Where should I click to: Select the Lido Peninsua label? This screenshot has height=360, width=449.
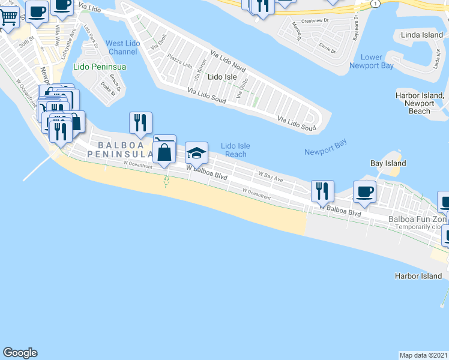click(x=100, y=67)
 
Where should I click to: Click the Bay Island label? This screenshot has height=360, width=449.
click(x=388, y=163)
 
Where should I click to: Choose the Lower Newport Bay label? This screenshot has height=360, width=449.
click(x=372, y=62)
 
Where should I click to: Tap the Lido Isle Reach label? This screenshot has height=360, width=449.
click(x=235, y=150)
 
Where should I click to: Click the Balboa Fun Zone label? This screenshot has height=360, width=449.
click(x=418, y=220)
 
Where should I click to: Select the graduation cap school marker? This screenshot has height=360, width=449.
click(x=196, y=154)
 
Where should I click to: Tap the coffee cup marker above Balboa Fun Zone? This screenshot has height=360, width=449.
click(x=364, y=192)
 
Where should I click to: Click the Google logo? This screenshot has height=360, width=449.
click(x=20, y=353)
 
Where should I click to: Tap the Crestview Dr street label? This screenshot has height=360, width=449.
click(x=316, y=20)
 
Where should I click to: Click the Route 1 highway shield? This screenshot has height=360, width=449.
click(x=376, y=4)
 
